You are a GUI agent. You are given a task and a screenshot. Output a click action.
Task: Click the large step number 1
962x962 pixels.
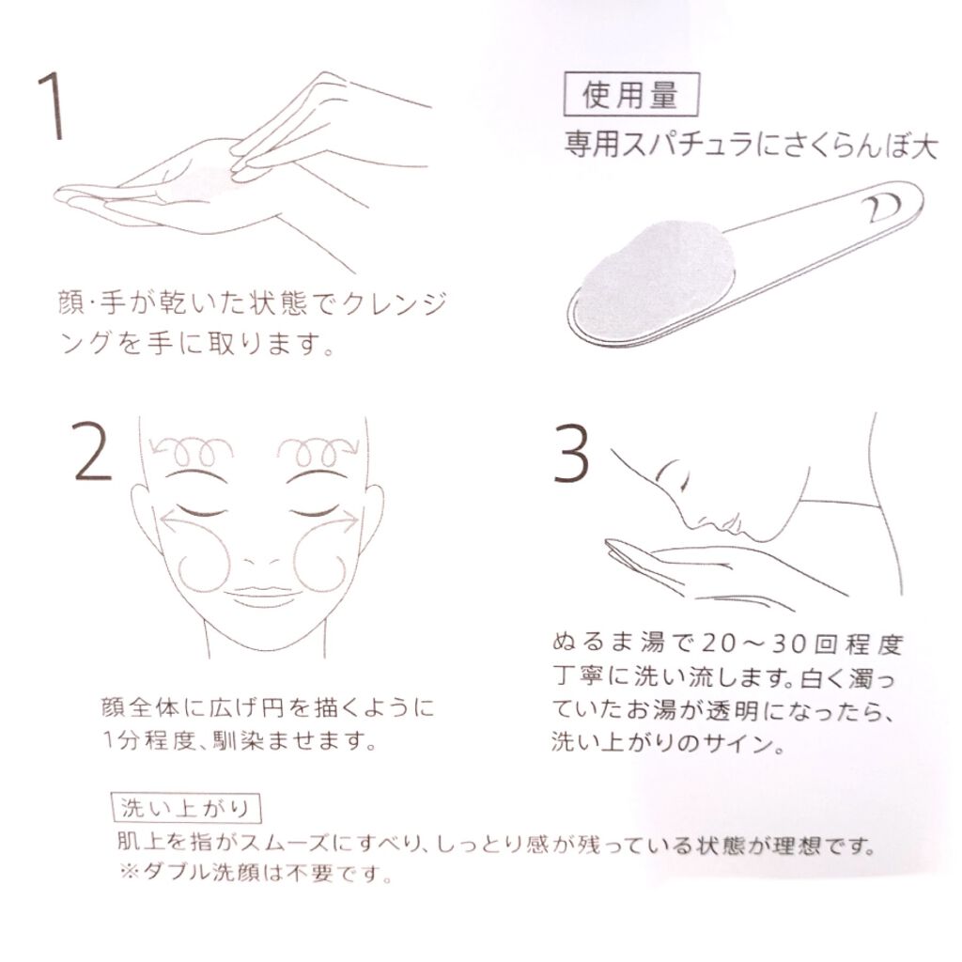53,105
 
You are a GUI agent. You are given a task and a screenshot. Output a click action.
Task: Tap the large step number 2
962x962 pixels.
93,452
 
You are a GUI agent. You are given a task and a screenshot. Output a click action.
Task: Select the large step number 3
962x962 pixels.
571,454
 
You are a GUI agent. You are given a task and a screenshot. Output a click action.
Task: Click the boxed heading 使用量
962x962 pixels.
631,95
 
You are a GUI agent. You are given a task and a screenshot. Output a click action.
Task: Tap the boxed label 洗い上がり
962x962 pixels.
187,808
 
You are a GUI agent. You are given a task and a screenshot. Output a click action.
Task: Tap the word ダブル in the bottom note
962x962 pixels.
176,871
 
